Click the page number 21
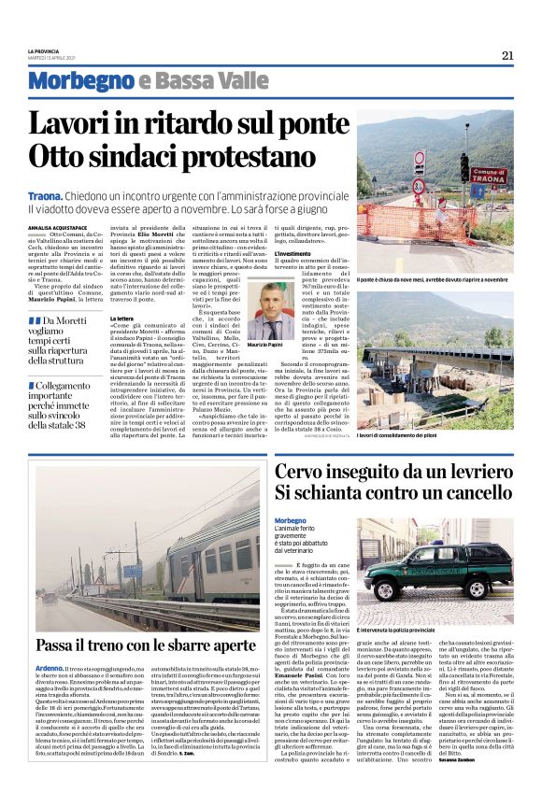pyautogui.click(x=507, y=54)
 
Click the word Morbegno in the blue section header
pyautogui.click(x=80, y=81)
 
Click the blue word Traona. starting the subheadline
pyautogui.click(x=45, y=195)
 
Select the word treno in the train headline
pyautogui.click(x=116, y=644)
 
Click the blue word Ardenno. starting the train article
pyautogui.click(x=50, y=669)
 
